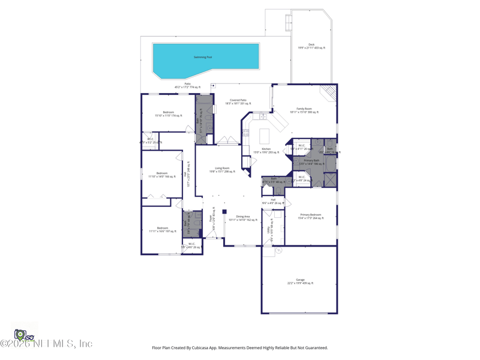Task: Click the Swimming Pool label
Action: point(203,57)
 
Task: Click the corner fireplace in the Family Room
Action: point(328,92)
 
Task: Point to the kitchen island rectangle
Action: point(265,136)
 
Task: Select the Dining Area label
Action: point(243,218)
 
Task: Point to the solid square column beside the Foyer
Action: point(224,211)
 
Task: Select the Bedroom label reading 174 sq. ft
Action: point(169,113)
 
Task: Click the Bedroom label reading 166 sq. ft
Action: point(162,175)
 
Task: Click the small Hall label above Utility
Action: point(273,201)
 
